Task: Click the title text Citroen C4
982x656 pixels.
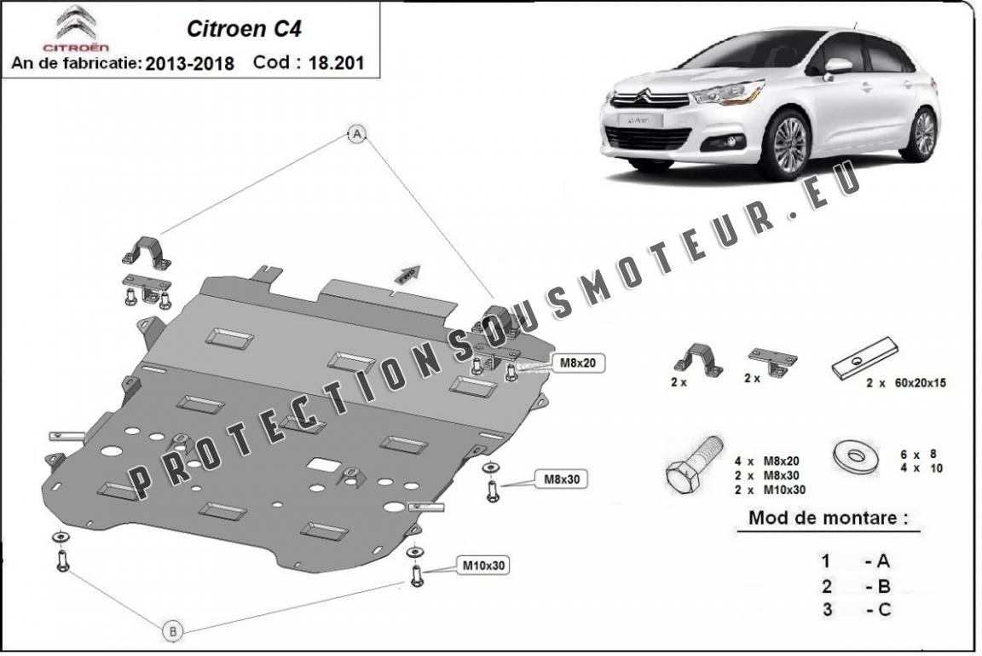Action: [244, 28]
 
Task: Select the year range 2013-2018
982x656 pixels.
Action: [189, 63]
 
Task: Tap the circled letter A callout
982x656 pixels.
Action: [358, 132]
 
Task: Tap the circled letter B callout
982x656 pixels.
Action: [172, 631]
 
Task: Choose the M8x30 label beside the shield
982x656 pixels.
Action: [562, 479]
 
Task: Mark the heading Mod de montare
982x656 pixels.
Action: [828, 518]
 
